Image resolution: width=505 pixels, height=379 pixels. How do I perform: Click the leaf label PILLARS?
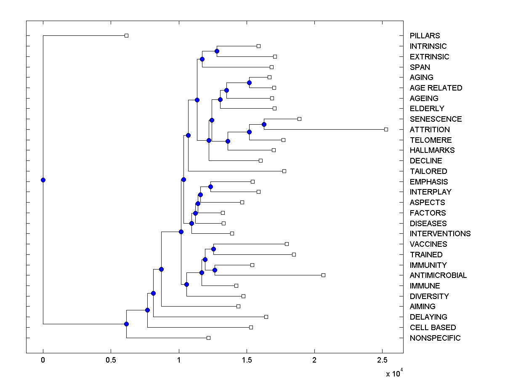(425, 36)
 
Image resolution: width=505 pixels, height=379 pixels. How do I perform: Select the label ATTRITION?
(430, 129)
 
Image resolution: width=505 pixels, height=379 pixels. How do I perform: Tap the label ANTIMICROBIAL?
(438, 275)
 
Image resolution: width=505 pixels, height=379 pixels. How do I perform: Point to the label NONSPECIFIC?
(435, 338)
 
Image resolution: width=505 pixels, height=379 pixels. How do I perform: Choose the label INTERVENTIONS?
(440, 234)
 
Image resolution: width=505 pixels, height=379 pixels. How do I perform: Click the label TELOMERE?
(431, 140)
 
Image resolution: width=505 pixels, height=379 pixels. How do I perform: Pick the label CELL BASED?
(433, 328)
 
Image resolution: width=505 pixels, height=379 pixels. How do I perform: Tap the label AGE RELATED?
(436, 88)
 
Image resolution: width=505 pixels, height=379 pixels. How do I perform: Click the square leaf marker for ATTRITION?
(386, 129)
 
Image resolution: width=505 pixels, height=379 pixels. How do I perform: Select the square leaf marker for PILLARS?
(126, 36)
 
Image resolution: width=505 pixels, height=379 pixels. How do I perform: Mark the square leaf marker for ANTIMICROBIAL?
(323, 275)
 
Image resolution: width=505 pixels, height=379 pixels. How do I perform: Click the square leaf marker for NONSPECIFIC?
(208, 338)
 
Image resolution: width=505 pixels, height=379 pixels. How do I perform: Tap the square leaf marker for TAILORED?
(284, 171)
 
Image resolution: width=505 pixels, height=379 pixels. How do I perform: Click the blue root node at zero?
(43, 180)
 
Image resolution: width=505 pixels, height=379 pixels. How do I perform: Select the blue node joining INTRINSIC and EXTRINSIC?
(217, 51)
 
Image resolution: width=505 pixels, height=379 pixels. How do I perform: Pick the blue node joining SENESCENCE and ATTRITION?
(264, 124)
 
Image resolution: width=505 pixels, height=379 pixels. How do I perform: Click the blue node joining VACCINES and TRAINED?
(213, 249)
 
